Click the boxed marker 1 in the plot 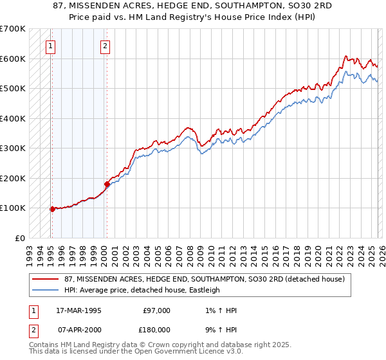pyautogui.click(x=51, y=46)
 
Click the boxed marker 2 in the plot pyautogui.click(x=105, y=46)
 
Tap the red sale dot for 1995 pyautogui.click(x=52, y=208)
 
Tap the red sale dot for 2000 pyautogui.click(x=107, y=184)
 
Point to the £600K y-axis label pyautogui.click(x=12, y=59)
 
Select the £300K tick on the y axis pyautogui.click(x=12, y=148)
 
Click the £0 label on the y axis pyautogui.click(x=21, y=238)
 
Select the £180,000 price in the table pyautogui.click(x=156, y=329)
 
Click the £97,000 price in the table pyautogui.click(x=156, y=310)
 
